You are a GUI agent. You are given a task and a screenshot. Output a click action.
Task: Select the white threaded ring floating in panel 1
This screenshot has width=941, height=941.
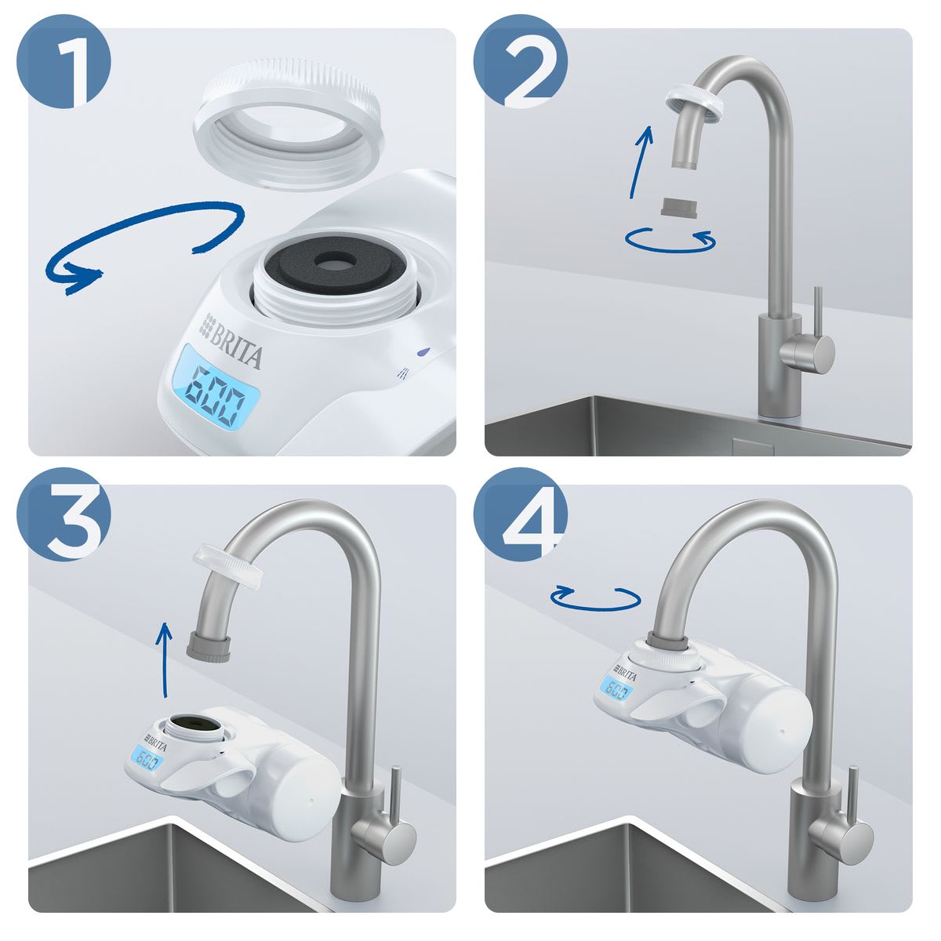(x=289, y=125)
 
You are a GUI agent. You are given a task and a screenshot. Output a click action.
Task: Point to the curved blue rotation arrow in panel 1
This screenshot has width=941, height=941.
(x=147, y=224)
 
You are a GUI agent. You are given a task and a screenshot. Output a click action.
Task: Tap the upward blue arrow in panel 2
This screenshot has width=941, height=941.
(x=641, y=162)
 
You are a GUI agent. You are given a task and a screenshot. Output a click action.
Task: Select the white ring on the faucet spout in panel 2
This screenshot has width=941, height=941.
(x=696, y=102)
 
